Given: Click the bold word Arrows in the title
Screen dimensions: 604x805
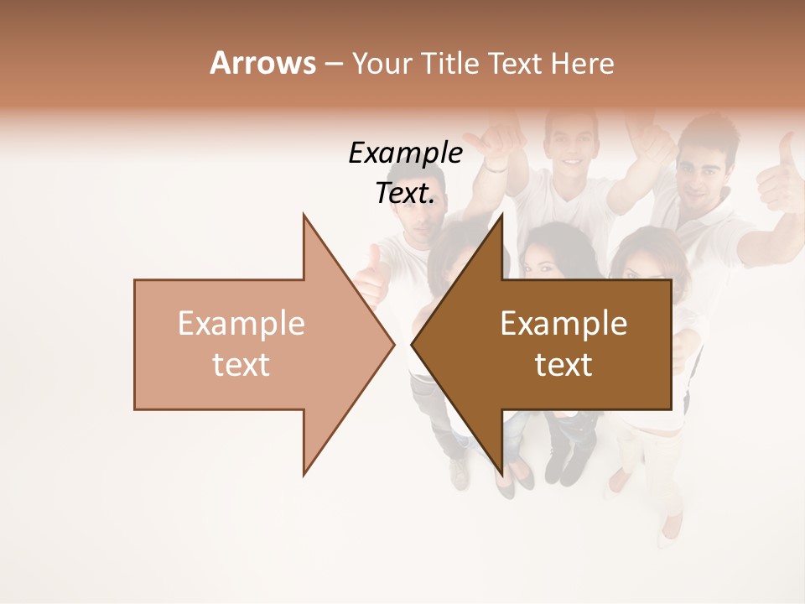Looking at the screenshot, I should [262, 63].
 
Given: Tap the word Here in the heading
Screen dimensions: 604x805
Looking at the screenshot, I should [582, 64].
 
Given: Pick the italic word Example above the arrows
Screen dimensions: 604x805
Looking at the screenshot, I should [405, 154].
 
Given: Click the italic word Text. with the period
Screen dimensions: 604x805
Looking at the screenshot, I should [405, 193].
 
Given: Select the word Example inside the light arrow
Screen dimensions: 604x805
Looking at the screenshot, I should [241, 323].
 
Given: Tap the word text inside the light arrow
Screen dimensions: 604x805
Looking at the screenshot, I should [241, 365].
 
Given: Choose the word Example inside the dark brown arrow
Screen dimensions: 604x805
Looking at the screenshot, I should [563, 323].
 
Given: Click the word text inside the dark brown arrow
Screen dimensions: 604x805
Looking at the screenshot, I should [563, 365].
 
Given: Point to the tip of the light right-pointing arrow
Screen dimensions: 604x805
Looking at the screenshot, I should [393, 344].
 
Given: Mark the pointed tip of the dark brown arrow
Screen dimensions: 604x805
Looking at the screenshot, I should [412, 344].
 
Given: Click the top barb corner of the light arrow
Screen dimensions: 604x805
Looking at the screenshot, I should [304, 215].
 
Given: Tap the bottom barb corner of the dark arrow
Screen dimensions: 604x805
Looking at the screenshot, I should [502, 474].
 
